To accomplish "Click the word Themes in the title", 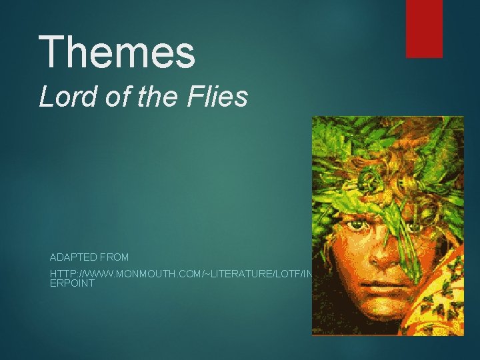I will [117, 53].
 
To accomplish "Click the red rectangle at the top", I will [424, 28].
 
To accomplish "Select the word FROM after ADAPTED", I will [116, 257].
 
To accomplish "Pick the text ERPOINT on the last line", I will [72, 284].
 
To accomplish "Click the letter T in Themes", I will [51, 53].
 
